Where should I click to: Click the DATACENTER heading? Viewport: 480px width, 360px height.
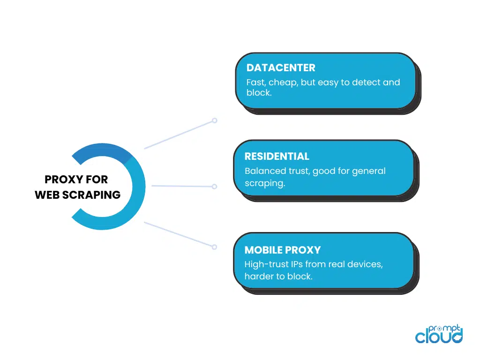tap(281, 67)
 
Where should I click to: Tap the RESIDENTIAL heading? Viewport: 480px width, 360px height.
tap(277, 157)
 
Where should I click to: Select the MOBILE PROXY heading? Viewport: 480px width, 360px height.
tap(283, 250)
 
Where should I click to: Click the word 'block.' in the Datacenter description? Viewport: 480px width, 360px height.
tap(259, 92)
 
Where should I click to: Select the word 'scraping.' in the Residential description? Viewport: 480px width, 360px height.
tap(265, 183)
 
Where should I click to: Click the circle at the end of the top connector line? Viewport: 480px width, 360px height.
tap(215, 120)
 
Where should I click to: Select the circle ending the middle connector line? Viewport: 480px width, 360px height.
tap(215, 187)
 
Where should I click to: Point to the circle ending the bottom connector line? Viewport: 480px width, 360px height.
tap(215, 247)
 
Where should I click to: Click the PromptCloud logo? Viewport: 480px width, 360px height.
tap(439, 334)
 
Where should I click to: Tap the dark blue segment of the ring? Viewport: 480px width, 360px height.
tap(101, 151)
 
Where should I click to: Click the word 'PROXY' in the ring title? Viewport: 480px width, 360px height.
tap(64, 180)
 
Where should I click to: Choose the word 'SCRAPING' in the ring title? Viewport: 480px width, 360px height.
tap(91, 195)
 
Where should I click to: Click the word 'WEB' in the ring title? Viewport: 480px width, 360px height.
tap(47, 195)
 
